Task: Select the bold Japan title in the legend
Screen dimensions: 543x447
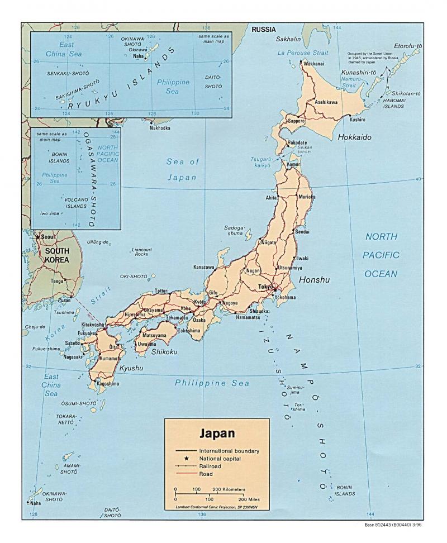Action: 217,434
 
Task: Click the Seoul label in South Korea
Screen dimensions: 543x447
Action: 48,237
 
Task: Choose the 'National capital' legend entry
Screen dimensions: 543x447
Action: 222,458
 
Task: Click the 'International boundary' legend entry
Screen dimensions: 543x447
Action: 229,450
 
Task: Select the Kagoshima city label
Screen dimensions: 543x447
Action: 108,384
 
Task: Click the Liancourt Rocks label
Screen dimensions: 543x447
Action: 141,252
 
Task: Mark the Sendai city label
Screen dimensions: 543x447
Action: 302,231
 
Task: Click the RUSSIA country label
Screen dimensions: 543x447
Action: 264,30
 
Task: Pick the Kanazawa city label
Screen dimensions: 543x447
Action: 204,268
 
